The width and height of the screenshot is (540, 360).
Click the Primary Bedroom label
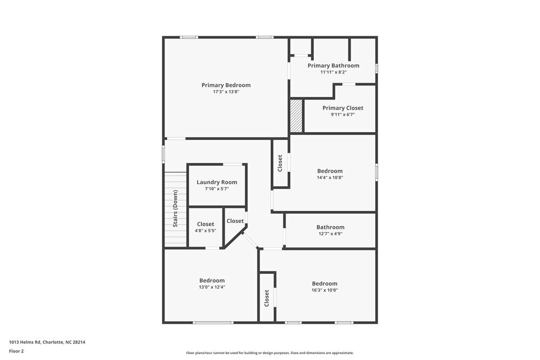point(226,85)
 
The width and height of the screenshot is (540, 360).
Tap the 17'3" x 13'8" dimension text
point(226,92)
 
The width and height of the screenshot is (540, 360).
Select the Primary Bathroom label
point(333,66)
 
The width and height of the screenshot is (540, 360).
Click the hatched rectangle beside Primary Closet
point(296,116)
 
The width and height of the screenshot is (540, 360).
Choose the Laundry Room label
point(217,182)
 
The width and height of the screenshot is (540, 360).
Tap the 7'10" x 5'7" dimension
point(217,189)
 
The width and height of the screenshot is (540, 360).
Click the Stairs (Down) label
point(175,208)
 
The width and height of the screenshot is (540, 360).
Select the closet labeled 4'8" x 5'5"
point(205,227)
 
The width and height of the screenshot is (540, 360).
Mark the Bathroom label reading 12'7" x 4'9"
point(330,227)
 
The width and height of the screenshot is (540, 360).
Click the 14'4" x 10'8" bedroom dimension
point(330,178)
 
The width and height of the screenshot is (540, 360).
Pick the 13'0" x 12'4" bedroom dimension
point(212,287)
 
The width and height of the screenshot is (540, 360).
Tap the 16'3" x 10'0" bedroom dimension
point(325,290)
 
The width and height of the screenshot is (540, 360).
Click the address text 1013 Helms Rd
point(47,342)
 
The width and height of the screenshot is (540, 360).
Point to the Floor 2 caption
point(16,351)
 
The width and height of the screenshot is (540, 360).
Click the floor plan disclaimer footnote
point(270,353)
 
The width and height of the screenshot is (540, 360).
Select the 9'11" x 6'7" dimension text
point(343,114)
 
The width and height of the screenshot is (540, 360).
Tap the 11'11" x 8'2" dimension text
point(333,72)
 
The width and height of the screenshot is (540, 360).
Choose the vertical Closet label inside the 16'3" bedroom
point(267,298)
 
